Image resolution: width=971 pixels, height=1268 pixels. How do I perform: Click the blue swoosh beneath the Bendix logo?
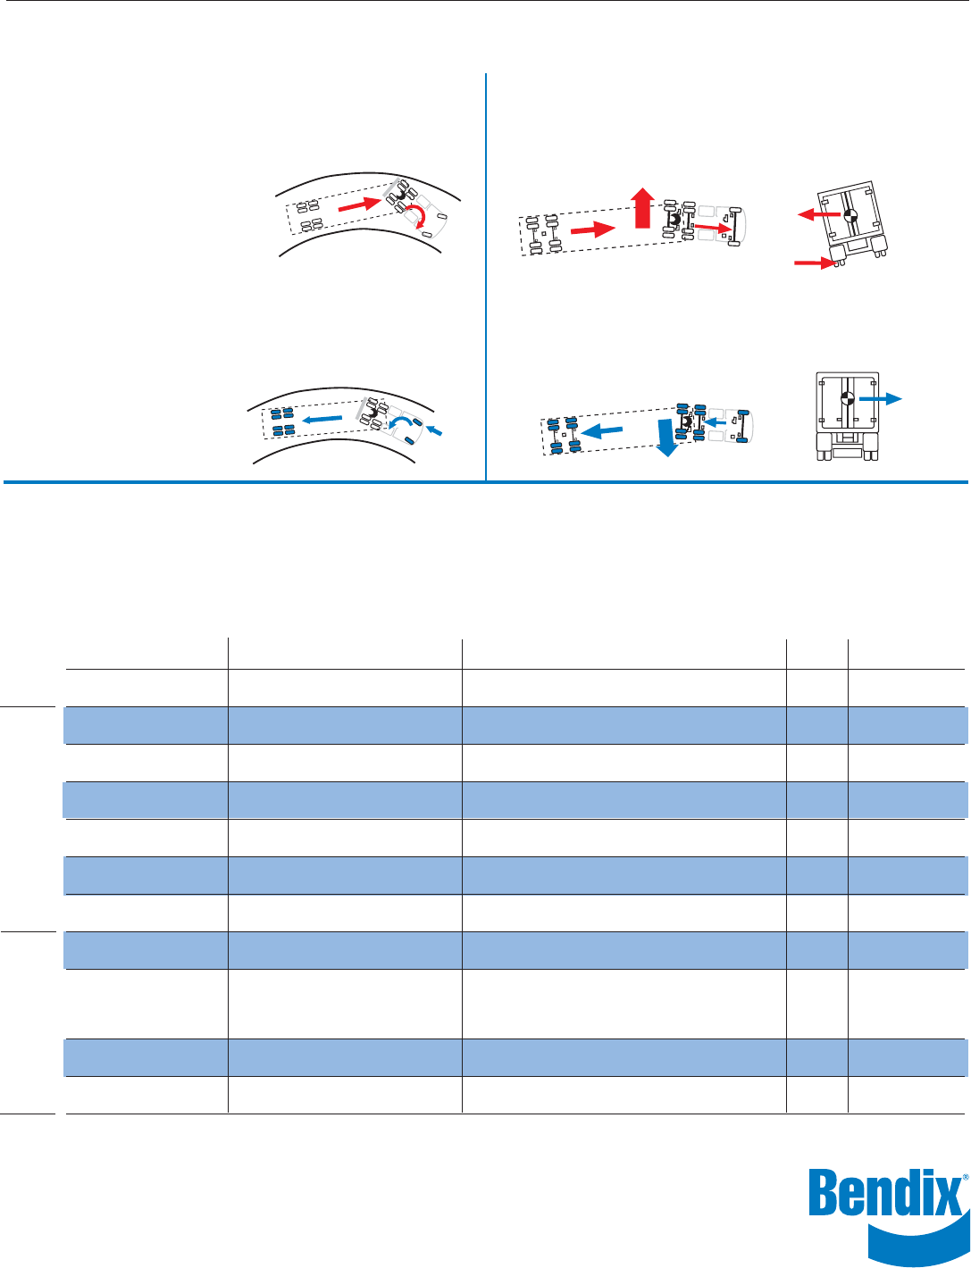click(x=919, y=1241)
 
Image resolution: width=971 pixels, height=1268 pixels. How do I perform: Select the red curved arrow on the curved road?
click(x=416, y=215)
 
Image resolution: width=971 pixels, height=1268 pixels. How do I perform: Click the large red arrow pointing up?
click(x=642, y=208)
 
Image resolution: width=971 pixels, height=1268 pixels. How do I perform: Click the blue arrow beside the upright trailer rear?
click(x=881, y=398)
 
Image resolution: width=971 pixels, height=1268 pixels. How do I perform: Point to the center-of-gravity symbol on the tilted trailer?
click(x=850, y=214)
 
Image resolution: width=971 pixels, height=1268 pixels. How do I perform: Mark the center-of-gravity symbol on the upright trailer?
click(x=847, y=399)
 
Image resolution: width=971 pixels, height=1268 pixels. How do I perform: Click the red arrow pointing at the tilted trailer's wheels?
click(x=815, y=263)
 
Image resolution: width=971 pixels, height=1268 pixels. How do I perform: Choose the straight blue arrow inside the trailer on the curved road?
click(x=322, y=419)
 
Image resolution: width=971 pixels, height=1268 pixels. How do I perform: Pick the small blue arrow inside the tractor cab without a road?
click(x=715, y=421)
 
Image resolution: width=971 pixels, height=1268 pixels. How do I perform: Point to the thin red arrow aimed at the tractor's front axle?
click(x=712, y=227)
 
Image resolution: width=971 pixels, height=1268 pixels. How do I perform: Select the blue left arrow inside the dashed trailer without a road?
click(x=601, y=431)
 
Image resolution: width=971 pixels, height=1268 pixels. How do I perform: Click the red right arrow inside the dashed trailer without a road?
click(x=593, y=229)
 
